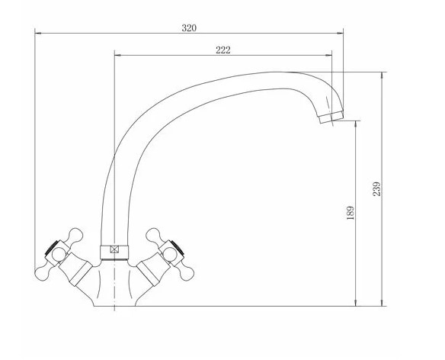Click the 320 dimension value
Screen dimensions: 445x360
click(189, 28)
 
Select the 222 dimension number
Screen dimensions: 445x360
click(223, 50)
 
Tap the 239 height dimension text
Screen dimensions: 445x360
click(376, 189)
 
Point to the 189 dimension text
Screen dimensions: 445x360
click(351, 213)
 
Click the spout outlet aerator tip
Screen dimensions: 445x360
click(331, 117)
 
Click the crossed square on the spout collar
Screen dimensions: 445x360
click(114, 249)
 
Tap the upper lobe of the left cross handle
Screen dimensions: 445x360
click(75, 235)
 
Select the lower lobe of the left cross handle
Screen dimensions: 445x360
click(43, 273)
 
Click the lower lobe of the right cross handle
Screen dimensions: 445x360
click(186, 273)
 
